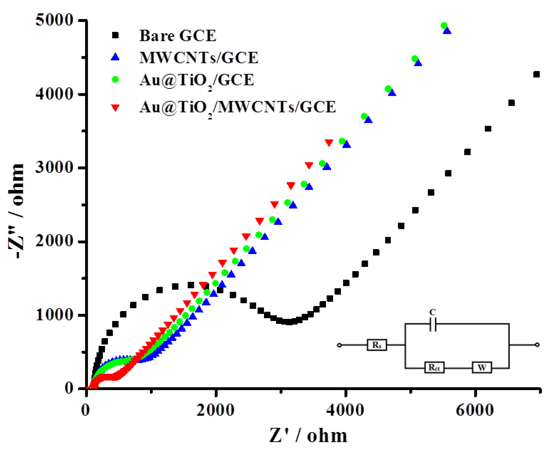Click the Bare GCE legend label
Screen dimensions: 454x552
click(x=178, y=36)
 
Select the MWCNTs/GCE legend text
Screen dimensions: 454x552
click(x=199, y=58)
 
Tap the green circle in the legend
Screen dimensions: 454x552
click(x=115, y=79)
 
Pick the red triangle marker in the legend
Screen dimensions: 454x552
click(x=115, y=107)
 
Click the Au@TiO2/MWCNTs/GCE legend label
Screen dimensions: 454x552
click(x=237, y=107)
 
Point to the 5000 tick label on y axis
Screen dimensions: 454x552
click(x=54, y=20)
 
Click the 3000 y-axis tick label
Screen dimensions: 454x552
click(x=54, y=167)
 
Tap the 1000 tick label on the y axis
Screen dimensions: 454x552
click(x=54, y=315)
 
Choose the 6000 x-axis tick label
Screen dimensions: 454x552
click(x=475, y=410)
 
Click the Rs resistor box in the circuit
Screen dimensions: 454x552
click(x=377, y=345)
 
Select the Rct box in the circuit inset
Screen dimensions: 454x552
click(x=434, y=367)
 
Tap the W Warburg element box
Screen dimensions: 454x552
click(x=482, y=367)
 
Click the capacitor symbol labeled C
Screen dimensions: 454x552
click(x=433, y=324)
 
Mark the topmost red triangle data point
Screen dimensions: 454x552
click(x=329, y=142)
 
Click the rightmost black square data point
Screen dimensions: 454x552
click(x=536, y=74)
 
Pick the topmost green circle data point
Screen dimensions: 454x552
click(x=444, y=26)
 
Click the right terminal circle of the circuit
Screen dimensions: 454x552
click(x=537, y=345)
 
